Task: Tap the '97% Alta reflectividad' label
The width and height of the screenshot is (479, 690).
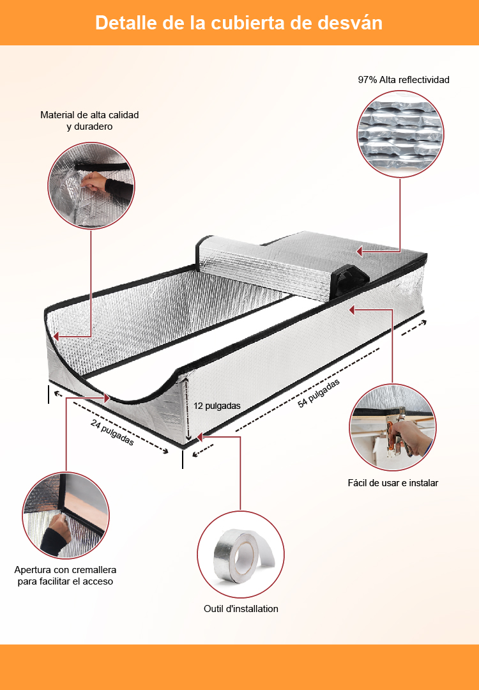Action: (404, 80)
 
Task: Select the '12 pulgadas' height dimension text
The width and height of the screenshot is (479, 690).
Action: (217, 406)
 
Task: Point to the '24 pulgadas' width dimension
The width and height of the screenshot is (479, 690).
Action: (112, 432)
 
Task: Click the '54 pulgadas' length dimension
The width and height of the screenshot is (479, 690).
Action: (319, 393)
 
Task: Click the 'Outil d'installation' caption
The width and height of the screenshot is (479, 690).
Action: (241, 609)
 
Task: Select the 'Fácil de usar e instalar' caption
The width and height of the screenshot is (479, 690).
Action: (393, 483)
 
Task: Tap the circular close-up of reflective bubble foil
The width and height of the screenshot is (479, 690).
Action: (400, 134)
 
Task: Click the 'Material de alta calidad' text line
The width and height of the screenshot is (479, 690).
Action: (89, 115)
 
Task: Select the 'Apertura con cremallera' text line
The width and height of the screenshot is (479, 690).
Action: (65, 570)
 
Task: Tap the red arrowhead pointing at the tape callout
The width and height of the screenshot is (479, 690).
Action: (199, 437)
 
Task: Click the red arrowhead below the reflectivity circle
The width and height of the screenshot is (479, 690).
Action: (360, 251)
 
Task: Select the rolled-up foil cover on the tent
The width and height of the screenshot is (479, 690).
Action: (264, 266)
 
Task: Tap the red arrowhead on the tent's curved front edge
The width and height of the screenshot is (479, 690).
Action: (107, 398)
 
